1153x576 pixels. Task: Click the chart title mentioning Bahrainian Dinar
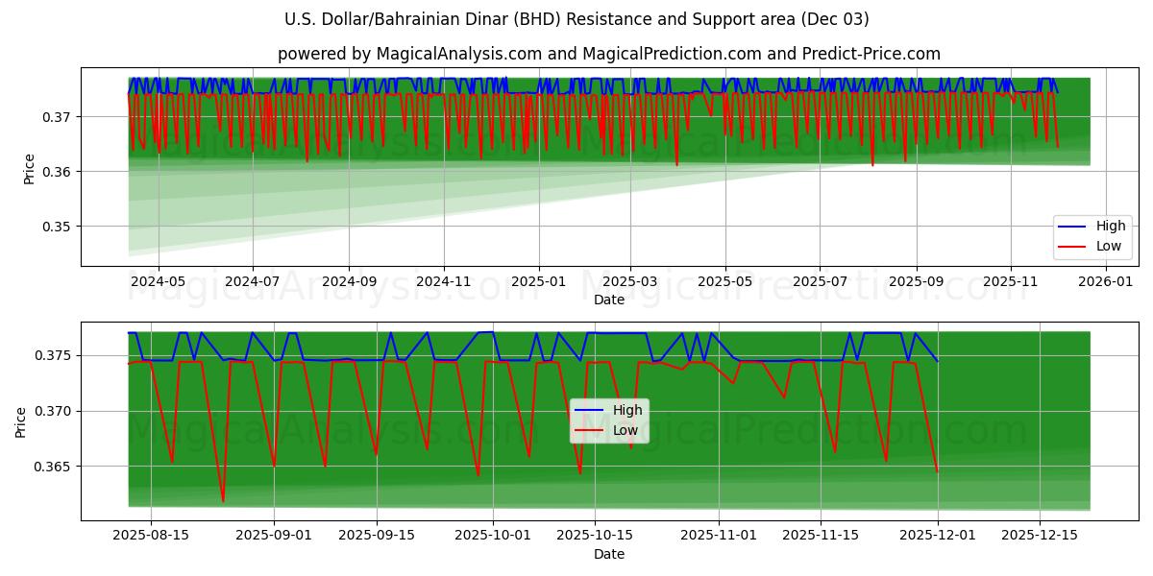[576, 19]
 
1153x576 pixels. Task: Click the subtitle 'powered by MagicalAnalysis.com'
[608, 54]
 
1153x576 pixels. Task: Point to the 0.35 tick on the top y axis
[57, 227]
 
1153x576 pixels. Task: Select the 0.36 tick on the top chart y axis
[57, 172]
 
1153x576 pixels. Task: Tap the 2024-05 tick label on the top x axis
[158, 282]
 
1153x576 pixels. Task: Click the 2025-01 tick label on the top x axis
[538, 282]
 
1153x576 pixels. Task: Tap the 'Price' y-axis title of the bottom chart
[21, 421]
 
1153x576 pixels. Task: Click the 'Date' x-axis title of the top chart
[608, 300]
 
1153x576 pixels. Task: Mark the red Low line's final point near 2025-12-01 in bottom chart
[937, 471]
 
